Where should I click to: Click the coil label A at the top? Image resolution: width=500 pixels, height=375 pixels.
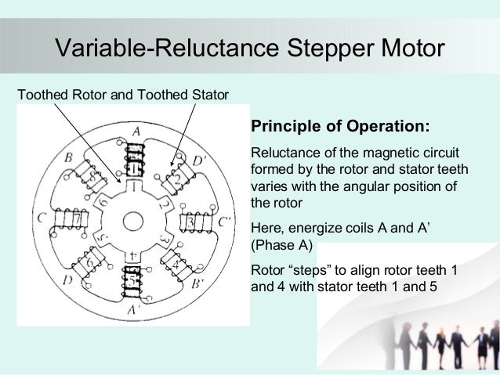pyautogui.click(x=137, y=130)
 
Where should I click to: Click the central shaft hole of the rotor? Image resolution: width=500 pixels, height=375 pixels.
pyautogui.click(x=135, y=218)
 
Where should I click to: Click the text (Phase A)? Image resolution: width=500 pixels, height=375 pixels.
pyautogui.click(x=280, y=246)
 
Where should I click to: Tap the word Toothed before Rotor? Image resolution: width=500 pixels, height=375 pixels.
pyautogui.click(x=39, y=96)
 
